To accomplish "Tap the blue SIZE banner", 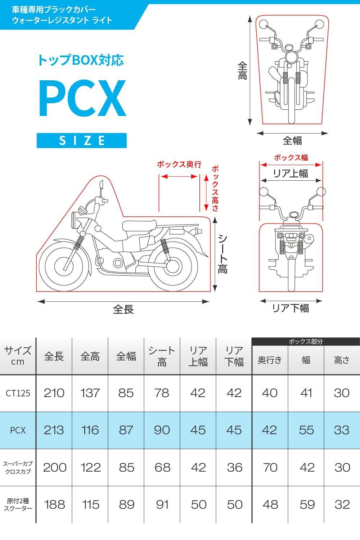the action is (x=82, y=140).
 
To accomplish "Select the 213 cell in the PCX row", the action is (x=54, y=430).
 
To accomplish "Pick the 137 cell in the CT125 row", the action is (x=90, y=393).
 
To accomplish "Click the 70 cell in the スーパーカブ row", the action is (x=270, y=467).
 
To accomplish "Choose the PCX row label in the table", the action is (x=18, y=430).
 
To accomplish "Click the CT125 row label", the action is (x=18, y=393).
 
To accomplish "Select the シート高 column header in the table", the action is (x=162, y=356).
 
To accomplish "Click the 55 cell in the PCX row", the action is (x=306, y=430).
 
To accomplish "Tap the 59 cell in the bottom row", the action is (x=307, y=504).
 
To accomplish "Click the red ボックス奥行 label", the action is (x=179, y=165).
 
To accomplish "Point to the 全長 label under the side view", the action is (x=123, y=309).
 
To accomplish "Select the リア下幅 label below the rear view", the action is (x=290, y=308).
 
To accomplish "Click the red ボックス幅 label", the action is (x=291, y=157).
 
